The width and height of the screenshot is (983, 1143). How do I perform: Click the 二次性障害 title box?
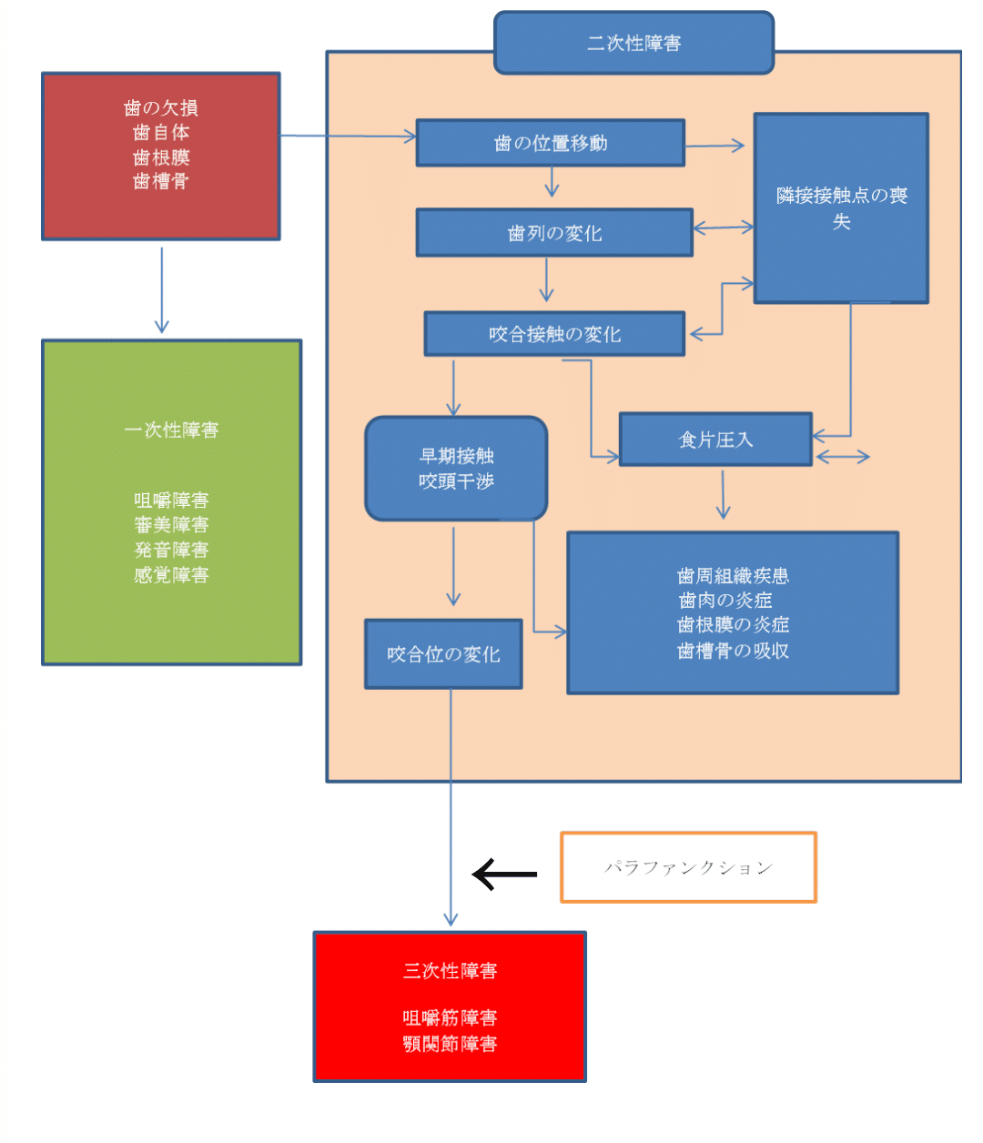[633, 43]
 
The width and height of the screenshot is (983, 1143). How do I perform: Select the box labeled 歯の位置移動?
[550, 143]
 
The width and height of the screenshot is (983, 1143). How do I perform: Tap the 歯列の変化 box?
[554, 233]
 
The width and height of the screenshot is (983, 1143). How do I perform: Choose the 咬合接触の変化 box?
[554, 334]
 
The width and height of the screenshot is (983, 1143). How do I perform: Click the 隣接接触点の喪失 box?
[841, 208]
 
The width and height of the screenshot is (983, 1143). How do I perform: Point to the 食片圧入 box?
[715, 440]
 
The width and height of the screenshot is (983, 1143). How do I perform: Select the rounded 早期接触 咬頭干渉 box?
[456, 469]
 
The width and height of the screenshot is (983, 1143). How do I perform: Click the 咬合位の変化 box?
[443, 654]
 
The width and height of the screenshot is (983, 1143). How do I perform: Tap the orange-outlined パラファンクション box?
[688, 867]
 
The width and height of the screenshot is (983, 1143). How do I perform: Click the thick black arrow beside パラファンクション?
[504, 874]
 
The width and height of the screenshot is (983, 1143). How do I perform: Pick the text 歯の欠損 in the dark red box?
[161, 108]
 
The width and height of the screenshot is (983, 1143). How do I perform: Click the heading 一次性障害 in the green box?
[171, 430]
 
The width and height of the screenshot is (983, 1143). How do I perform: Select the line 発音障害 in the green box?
[171, 550]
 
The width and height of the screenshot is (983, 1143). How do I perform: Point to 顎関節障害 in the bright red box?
[450, 1044]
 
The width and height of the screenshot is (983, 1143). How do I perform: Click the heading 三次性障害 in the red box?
[450, 971]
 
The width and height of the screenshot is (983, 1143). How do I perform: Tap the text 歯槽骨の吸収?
[733, 651]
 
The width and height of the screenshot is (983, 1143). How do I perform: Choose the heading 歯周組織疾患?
[733, 576]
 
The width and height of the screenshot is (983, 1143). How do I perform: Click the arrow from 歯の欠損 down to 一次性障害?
[162, 289]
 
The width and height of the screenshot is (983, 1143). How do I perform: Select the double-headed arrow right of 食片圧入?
[843, 457]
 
